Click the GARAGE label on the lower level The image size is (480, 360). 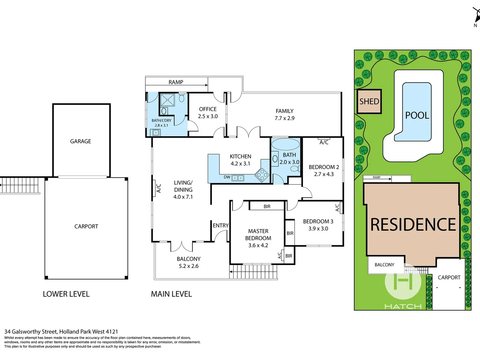tap(80, 141)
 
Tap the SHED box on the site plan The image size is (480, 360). tap(369, 101)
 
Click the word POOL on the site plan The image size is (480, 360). tap(417, 115)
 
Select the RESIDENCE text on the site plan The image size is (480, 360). tap(413, 224)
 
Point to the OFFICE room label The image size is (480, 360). tap(208, 109)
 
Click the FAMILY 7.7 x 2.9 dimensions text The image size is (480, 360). tap(284, 118)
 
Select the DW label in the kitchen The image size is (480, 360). tap(227, 177)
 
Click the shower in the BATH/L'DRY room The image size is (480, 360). tap(167, 100)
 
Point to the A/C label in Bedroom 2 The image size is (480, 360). tap(324, 142)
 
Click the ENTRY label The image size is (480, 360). tap(221, 226)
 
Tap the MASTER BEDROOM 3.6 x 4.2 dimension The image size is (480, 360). tap(258, 245)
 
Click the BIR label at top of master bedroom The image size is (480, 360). tap(267, 207)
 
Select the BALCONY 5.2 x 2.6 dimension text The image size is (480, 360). tap(189, 266)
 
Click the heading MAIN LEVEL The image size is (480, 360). tap(171, 294)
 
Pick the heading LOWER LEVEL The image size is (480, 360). tap(66, 294)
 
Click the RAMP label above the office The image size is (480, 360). tap(176, 82)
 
